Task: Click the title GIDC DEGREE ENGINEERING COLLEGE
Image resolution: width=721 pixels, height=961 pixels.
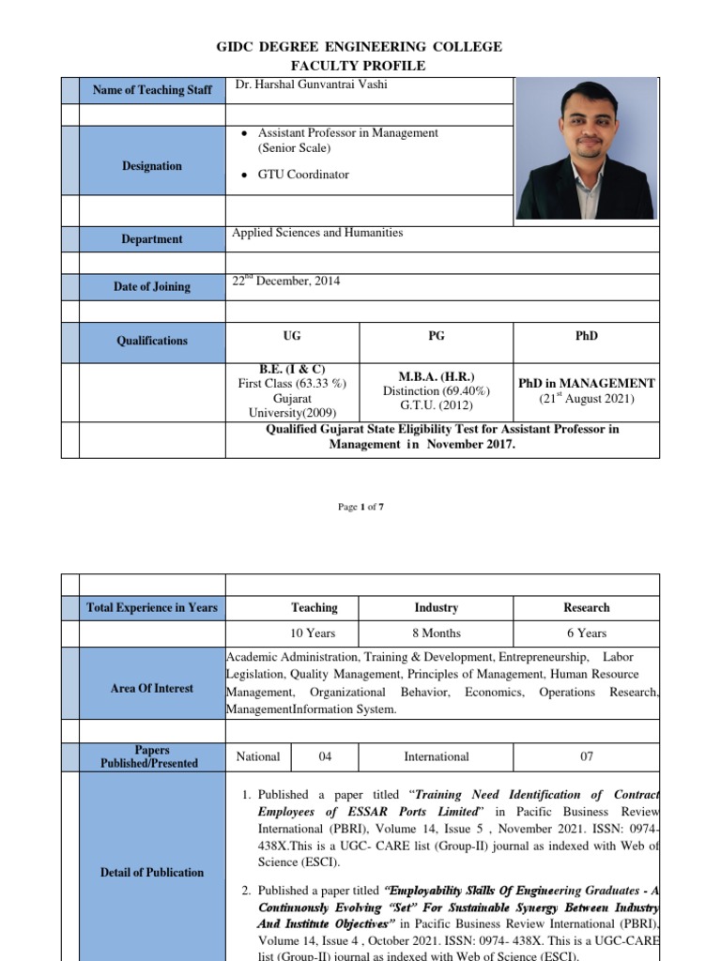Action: pos(360,47)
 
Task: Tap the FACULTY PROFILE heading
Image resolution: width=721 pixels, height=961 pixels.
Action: pos(360,66)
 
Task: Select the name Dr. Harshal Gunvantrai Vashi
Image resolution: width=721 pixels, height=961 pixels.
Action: pos(311,85)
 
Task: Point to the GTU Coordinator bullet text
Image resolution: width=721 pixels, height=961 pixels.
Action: pos(303,175)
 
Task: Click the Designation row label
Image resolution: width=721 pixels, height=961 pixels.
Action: pos(152,166)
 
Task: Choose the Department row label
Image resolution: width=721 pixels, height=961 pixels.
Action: pos(152,239)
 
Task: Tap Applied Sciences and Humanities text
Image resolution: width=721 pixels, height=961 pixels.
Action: pos(317,233)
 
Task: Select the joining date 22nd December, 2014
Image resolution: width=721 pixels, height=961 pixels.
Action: pos(286,281)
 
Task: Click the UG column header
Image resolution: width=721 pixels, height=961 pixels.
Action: pos(292,336)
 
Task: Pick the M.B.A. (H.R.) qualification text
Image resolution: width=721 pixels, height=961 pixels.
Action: pos(436,375)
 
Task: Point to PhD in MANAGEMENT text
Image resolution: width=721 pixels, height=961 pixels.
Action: pos(587,383)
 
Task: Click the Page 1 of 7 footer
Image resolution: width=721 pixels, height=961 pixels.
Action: pos(360,507)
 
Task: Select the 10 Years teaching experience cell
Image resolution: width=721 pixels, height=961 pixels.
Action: pos(314,633)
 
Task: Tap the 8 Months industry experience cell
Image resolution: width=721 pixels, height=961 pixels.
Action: pos(437,633)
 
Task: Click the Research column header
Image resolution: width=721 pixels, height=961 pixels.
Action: pos(587,608)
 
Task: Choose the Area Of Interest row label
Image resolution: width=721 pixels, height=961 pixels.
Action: pos(152,688)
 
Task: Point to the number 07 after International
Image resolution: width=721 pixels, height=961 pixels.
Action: pos(587,756)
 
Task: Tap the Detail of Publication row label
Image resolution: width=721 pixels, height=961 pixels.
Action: pos(152,873)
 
